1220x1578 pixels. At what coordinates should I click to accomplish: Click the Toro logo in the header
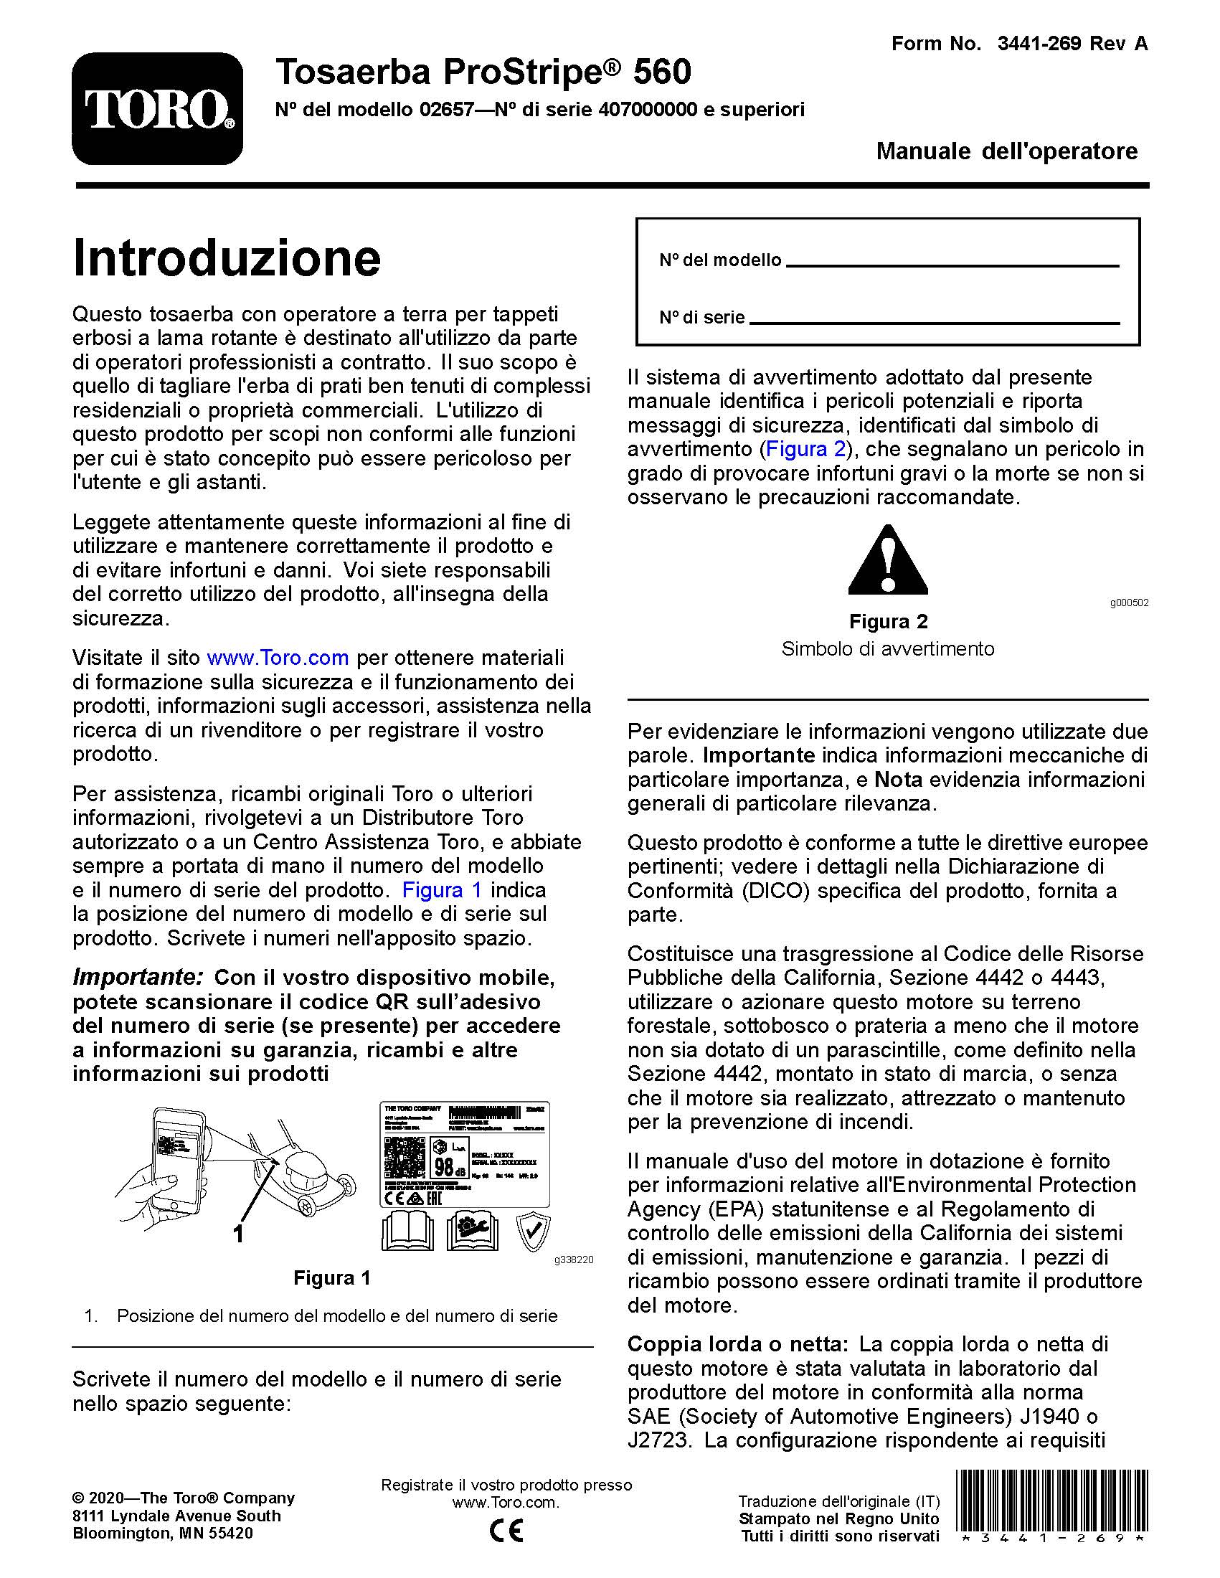[157, 108]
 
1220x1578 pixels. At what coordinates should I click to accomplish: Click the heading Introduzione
[226, 258]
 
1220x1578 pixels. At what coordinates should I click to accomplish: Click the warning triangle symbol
[888, 561]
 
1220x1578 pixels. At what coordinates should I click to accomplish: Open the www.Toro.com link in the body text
[278, 658]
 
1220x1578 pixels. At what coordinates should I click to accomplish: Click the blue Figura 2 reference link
[805, 450]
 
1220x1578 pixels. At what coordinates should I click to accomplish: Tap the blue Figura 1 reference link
[441, 889]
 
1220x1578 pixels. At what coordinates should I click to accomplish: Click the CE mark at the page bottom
[506, 1531]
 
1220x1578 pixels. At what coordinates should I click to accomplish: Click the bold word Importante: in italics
[138, 977]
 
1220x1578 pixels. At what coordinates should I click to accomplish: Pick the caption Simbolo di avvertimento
[888, 648]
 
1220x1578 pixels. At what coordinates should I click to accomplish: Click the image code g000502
[1129, 603]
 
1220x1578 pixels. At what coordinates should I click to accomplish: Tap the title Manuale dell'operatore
[1006, 151]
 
